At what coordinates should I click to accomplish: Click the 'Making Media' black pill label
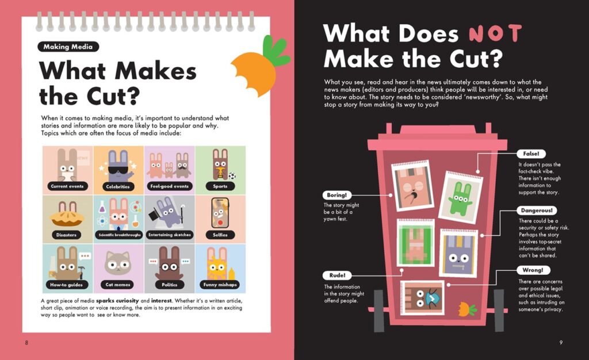coord(68,47)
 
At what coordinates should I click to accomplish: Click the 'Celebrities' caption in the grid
coord(117,186)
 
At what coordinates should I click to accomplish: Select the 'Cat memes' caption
coord(118,285)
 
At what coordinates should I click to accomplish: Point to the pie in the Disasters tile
coord(67,219)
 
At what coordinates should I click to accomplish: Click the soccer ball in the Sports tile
coord(232,175)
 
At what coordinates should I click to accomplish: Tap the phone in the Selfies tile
coord(220,213)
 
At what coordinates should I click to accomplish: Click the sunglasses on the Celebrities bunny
coord(118,171)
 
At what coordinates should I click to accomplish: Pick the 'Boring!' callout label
coord(337,195)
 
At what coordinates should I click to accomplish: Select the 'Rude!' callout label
coord(337,275)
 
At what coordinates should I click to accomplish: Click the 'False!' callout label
coord(531,154)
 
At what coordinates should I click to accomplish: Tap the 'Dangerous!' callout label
coord(537,210)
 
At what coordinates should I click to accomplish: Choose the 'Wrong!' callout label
coord(533,270)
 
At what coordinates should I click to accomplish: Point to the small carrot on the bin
coord(466,309)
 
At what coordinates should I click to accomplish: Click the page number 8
coord(26,342)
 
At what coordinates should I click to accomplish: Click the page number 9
coord(561,342)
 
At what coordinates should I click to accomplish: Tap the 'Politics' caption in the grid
coord(170,285)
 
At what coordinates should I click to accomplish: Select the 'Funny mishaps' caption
coord(220,285)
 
